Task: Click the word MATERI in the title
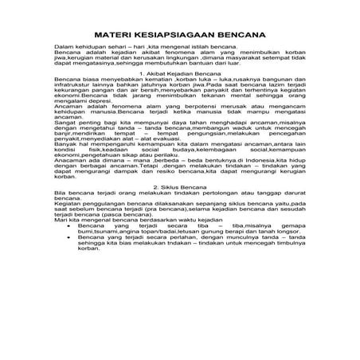(112, 36)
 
